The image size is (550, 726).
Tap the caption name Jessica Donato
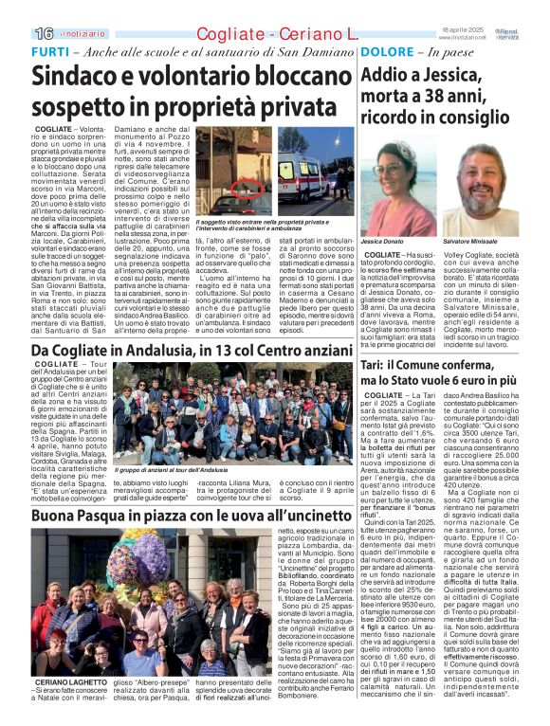point(381,243)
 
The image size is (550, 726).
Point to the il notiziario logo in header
point(82,34)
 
